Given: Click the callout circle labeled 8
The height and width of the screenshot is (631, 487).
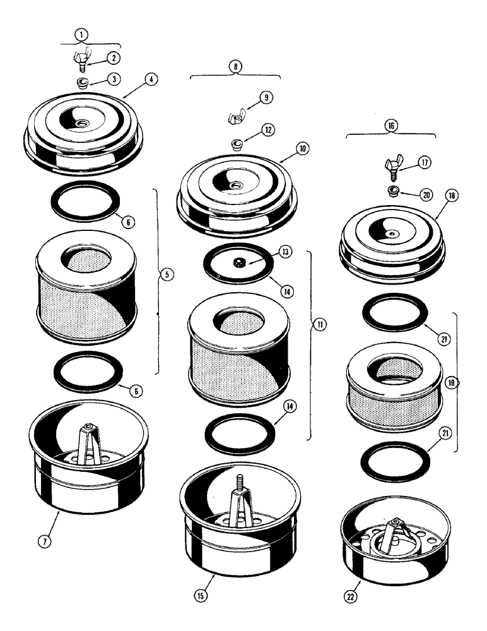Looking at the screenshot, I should (235, 65).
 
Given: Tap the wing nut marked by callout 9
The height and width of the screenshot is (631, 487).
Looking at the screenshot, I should (237, 115).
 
